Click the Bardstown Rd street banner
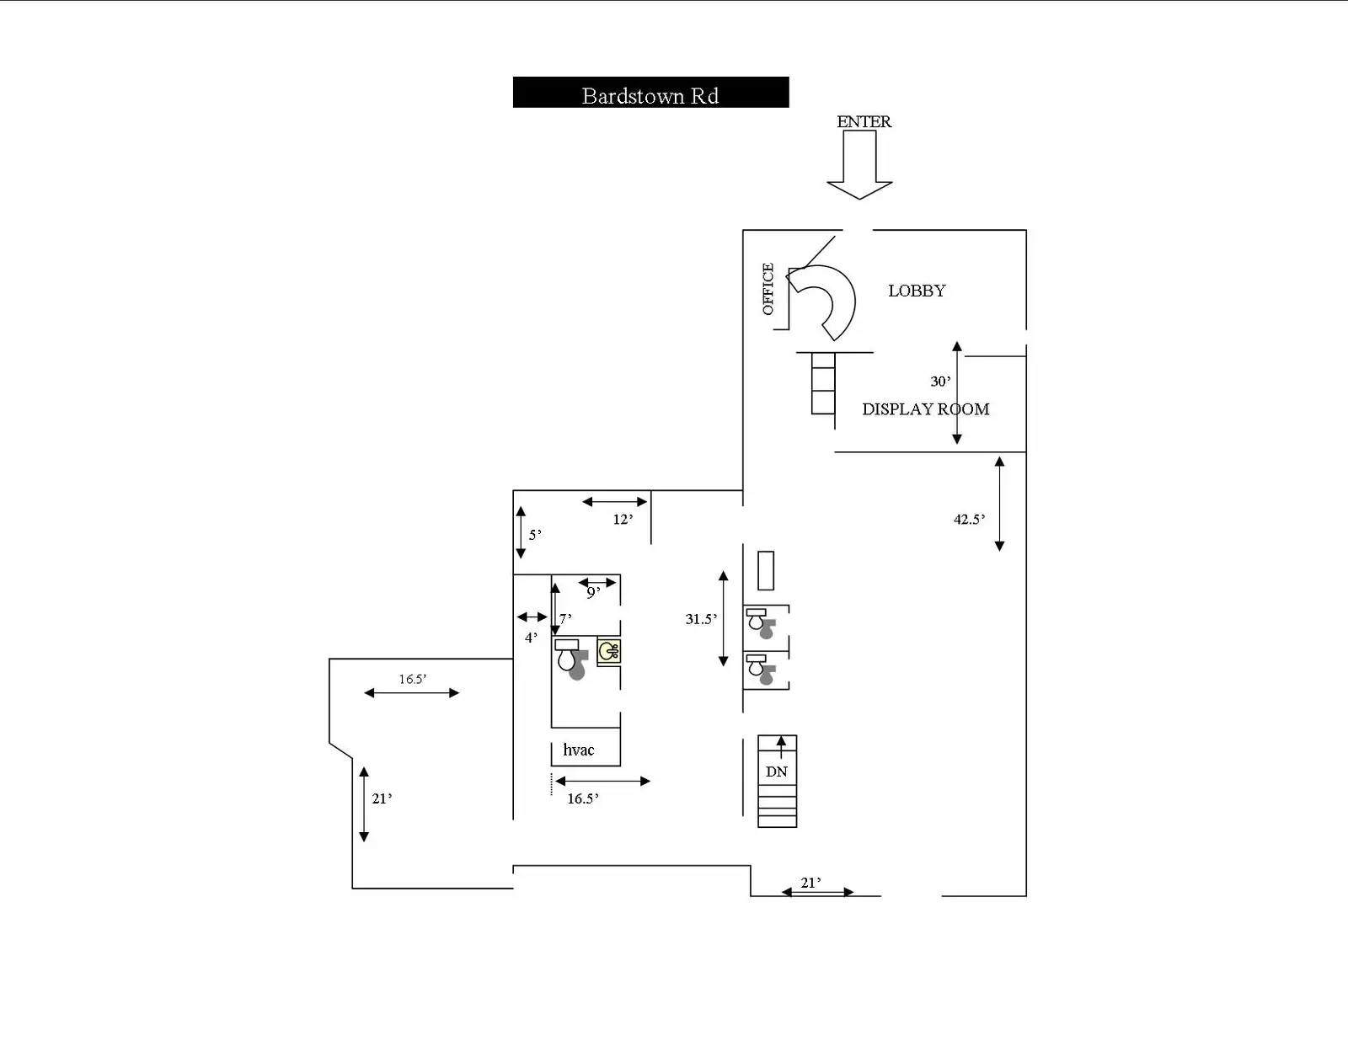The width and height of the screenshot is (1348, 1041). coord(650,93)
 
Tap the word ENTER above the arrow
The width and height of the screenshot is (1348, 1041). coord(864,121)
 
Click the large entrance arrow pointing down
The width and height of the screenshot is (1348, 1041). coord(859,165)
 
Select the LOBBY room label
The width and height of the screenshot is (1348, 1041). coord(917,291)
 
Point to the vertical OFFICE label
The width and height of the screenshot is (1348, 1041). coord(768,289)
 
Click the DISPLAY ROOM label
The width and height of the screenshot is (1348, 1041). coord(926,409)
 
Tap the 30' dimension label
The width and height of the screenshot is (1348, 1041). coord(940,382)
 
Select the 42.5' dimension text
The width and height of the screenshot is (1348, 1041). coord(969,519)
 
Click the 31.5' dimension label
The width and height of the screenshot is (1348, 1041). coord(701,619)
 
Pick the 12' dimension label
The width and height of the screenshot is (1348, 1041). coord(623,519)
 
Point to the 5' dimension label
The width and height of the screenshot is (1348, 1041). coord(535,535)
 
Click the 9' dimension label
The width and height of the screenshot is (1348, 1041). coord(593,593)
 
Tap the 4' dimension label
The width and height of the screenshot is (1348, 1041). coord(531,638)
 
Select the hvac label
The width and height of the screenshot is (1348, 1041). coord(578,750)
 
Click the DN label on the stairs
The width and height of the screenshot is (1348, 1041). coord(777,772)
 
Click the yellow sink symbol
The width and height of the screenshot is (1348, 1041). coord(608,652)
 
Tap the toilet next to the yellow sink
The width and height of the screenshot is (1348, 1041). coord(570,659)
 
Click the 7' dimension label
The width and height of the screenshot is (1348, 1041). coord(565,619)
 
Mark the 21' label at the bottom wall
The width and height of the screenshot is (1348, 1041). coord(810,883)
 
